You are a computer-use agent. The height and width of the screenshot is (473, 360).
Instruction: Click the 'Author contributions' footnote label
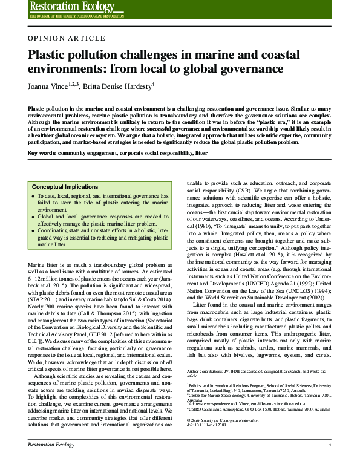tap(208, 370)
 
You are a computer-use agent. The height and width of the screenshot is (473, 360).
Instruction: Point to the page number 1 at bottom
tap(330, 462)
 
